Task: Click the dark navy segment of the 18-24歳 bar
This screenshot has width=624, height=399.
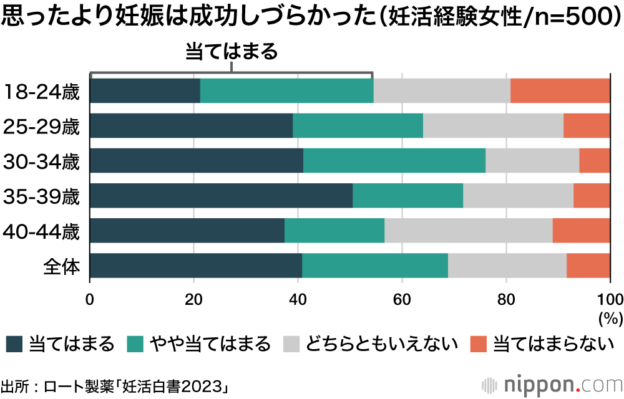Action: click(x=145, y=91)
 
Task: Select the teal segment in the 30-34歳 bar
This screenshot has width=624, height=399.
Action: click(x=394, y=161)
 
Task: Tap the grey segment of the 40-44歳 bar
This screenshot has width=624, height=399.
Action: click(x=468, y=231)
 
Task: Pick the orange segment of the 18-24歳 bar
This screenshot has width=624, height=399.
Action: click(x=560, y=91)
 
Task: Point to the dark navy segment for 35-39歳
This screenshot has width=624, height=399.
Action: click(x=221, y=196)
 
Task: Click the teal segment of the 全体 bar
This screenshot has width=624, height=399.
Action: click(x=374, y=266)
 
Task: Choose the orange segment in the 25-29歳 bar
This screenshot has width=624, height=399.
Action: click(x=587, y=126)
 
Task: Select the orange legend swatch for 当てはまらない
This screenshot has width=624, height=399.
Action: click(x=478, y=344)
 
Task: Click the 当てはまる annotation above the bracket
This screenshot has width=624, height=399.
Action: click(x=231, y=52)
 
